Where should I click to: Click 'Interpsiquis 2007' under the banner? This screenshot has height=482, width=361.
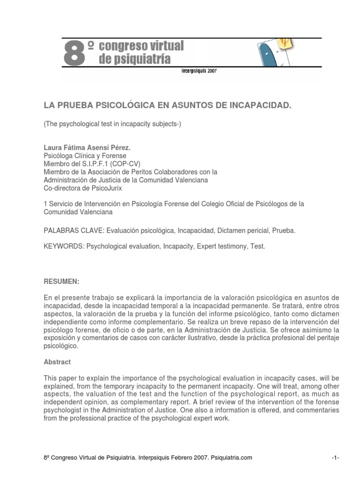pos(199,72)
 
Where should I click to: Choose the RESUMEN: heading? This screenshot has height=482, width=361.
pos(62,281)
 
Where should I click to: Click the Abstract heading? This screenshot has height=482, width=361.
pos(57,362)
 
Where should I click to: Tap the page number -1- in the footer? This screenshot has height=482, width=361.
pos(335,458)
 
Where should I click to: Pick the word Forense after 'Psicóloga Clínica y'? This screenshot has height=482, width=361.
pos(115,156)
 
